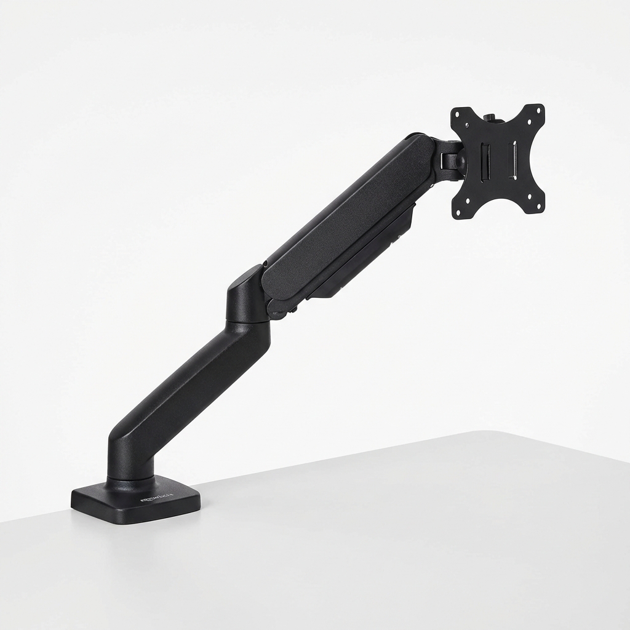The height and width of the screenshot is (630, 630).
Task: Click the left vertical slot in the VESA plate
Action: coord(485,162)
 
